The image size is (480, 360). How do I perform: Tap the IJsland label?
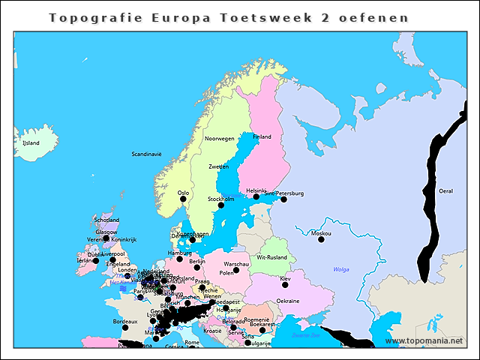pos(31,142)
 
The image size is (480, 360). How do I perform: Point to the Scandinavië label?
pos(147,154)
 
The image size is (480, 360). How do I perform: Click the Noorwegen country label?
pos(220,139)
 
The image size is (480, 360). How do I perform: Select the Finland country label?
pos(262,137)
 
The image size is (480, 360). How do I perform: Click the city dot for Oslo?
pos(183,200)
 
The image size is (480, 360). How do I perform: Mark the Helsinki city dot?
pos(256,197)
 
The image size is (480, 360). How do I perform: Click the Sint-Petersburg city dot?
pos(283,199)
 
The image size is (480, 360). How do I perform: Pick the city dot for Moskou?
pos(321,240)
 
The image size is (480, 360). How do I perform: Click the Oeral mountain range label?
pos(445,191)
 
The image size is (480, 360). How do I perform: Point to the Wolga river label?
pos(341,269)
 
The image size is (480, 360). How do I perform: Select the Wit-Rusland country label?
pos(271,257)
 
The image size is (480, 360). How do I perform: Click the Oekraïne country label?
pos(288,301)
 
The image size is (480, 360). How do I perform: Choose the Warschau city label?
pos(236,265)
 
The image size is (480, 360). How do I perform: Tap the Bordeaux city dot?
pos(125,328)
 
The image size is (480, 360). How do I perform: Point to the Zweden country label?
pos(218,166)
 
